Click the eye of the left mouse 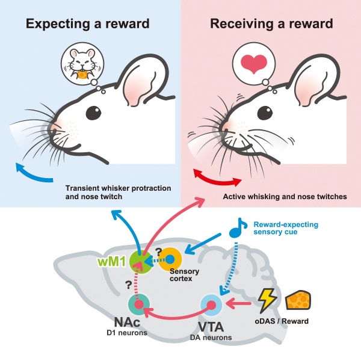[92, 112]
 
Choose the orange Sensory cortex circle [170, 259]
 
